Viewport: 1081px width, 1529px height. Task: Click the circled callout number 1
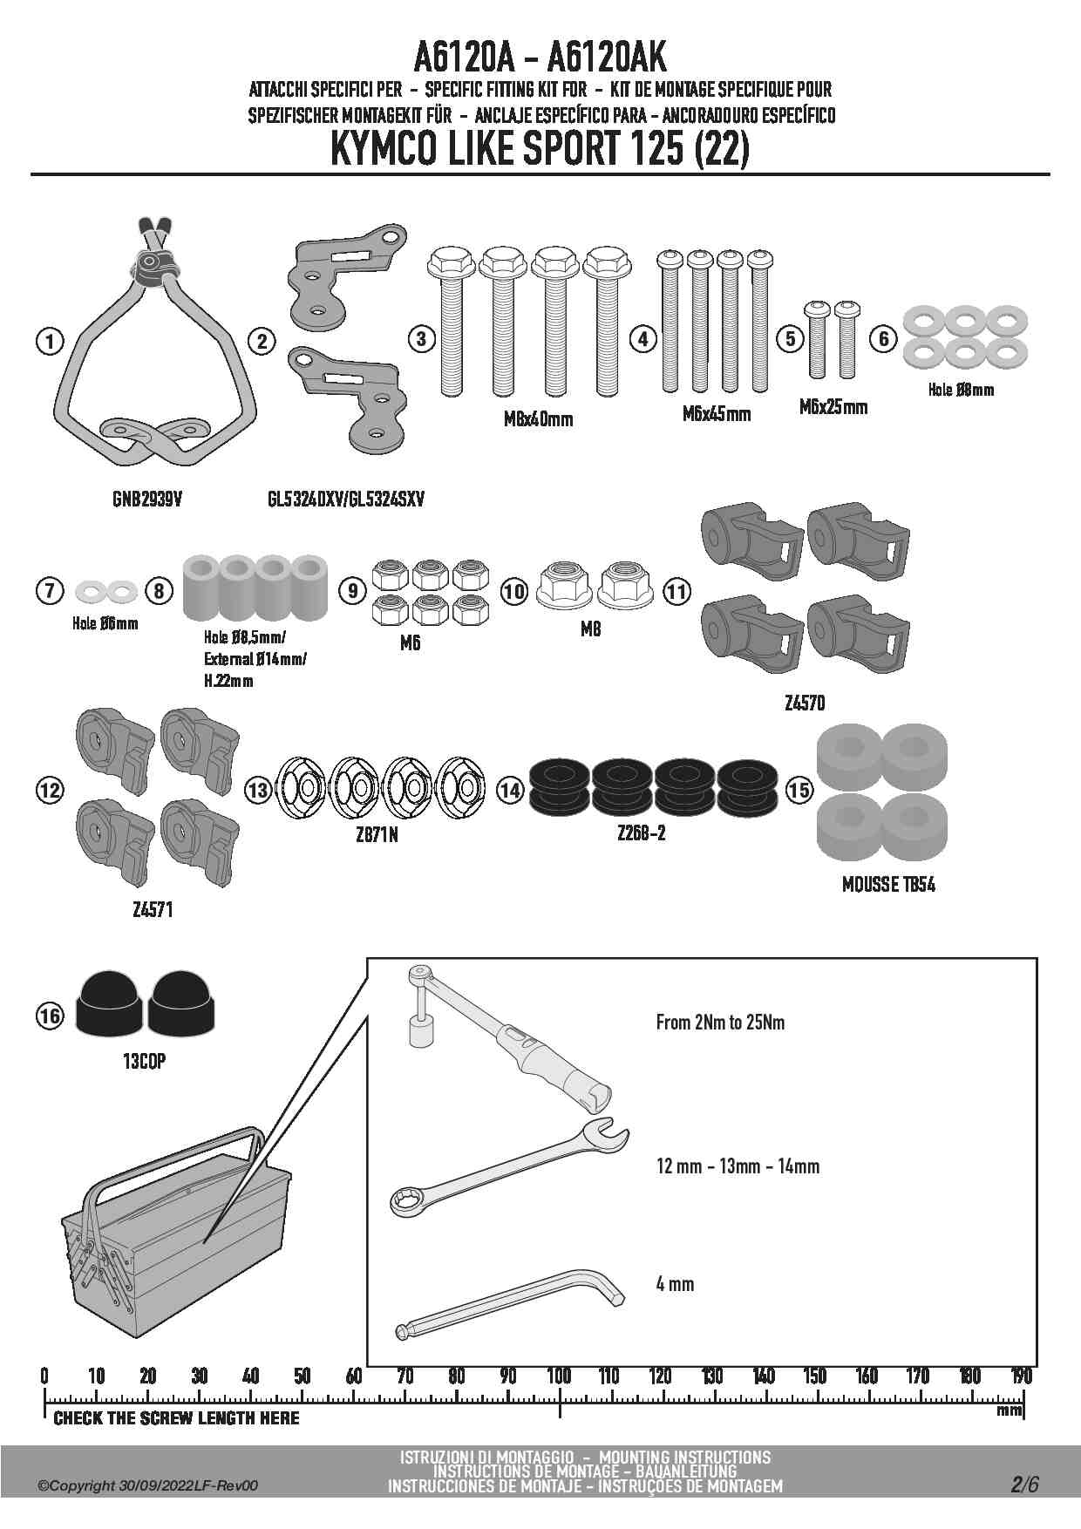50,341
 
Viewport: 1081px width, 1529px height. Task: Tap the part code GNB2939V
147,499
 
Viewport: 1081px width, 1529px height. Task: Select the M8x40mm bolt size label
538,419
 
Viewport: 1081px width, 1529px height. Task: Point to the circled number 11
676,592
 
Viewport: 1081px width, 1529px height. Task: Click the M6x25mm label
833,407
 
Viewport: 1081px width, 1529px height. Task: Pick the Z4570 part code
804,703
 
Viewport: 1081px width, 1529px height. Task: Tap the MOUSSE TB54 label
888,885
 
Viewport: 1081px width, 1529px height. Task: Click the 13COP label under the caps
144,1062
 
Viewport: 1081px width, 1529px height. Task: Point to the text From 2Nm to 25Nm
720,1023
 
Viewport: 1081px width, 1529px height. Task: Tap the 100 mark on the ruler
559,1376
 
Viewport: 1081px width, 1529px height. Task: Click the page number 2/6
1024,1485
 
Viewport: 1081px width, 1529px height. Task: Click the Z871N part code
377,835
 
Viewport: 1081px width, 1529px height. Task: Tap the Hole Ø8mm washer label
961,390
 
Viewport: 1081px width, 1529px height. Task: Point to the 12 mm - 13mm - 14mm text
738,1166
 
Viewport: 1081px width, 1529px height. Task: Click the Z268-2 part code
641,833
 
